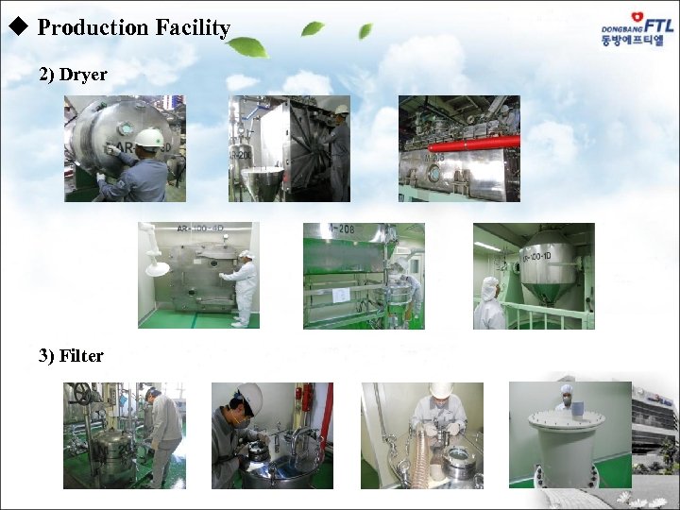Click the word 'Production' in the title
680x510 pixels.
93,27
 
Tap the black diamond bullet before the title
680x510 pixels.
15,27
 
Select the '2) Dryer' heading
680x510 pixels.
73,74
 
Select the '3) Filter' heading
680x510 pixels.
71,355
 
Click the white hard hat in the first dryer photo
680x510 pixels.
148,138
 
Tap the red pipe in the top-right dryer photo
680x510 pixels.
472,144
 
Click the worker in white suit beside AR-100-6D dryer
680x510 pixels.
242,286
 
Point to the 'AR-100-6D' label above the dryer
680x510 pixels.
201,229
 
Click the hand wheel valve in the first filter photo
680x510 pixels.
82,393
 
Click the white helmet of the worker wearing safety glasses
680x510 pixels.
250,396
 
